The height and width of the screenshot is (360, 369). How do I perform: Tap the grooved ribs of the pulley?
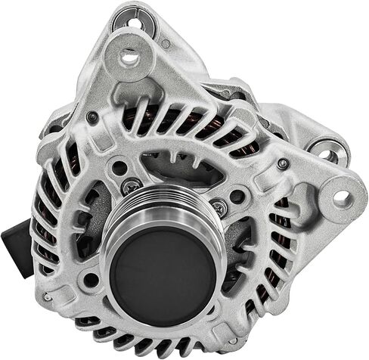tap(163, 213)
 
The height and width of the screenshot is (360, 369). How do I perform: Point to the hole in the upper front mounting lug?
tap(130, 56)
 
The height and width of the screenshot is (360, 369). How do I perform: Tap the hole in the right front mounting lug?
tap(342, 198)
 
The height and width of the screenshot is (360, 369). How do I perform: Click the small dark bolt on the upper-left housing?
tap(92, 117)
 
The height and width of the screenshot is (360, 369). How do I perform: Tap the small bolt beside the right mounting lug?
tap(283, 163)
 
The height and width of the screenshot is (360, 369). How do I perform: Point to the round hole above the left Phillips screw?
tap(119, 167)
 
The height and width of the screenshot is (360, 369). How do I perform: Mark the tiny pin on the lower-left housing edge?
tap(47, 296)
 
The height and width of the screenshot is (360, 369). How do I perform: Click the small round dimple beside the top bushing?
tap(166, 44)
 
